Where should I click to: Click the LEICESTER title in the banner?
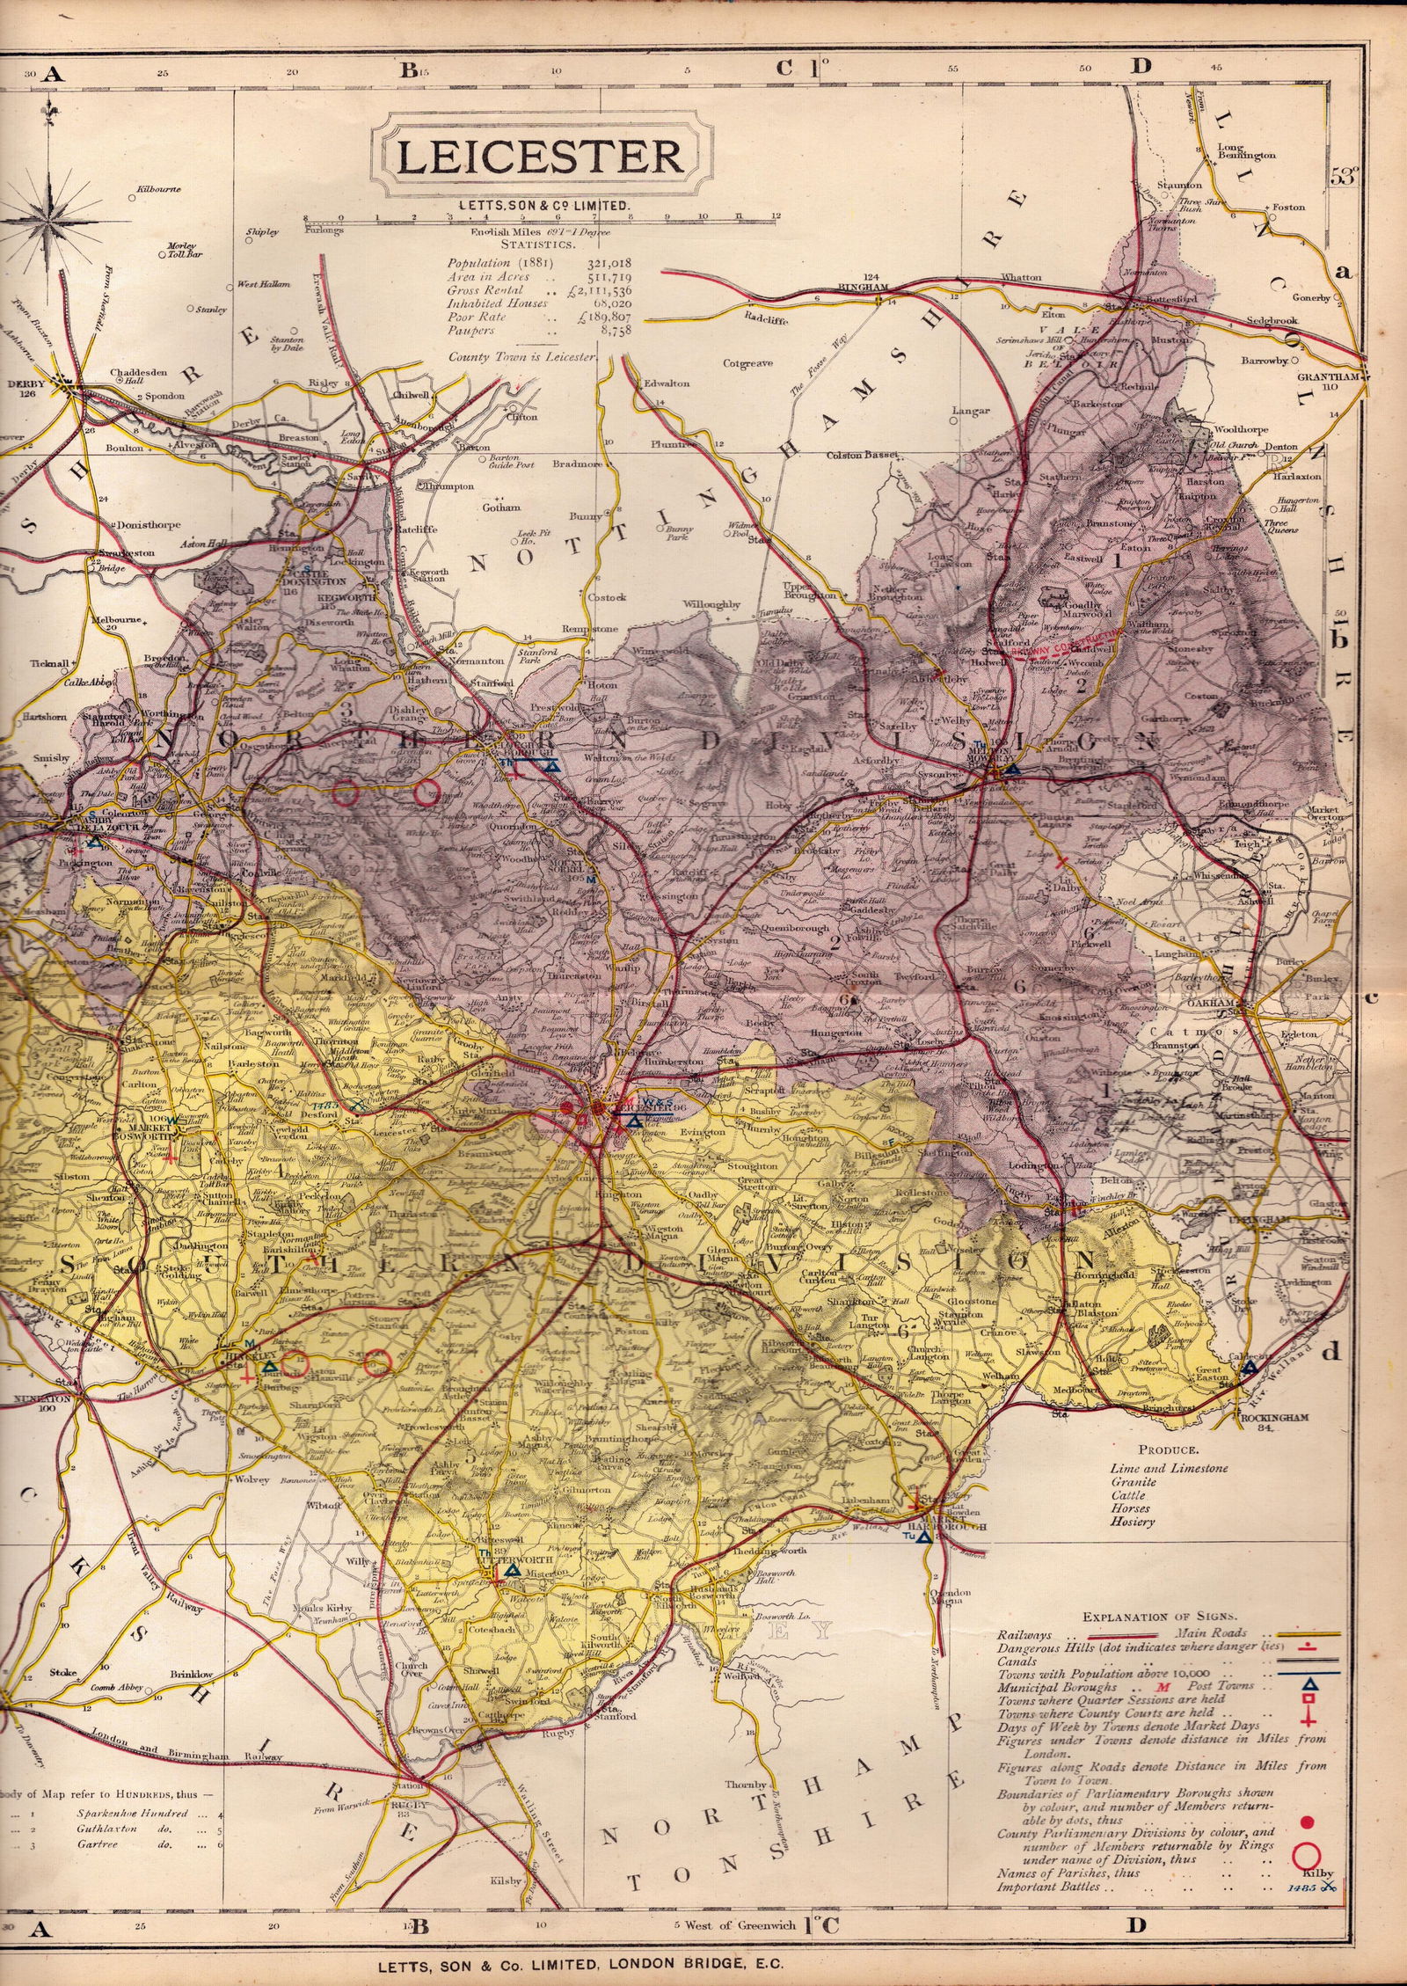click(540, 157)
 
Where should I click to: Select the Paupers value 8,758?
click(619, 331)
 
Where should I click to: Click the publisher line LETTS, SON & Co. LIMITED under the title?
click(539, 205)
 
